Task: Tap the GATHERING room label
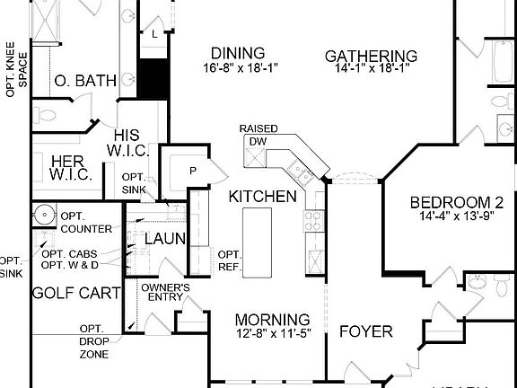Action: [372, 56]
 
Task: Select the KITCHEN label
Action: [262, 196]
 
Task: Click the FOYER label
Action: [365, 331]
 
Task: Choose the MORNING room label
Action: [273, 320]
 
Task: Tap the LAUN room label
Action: [165, 239]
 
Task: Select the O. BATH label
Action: [85, 81]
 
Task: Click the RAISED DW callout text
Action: [258, 135]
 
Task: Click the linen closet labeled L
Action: [155, 33]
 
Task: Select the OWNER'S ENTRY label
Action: [165, 293]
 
